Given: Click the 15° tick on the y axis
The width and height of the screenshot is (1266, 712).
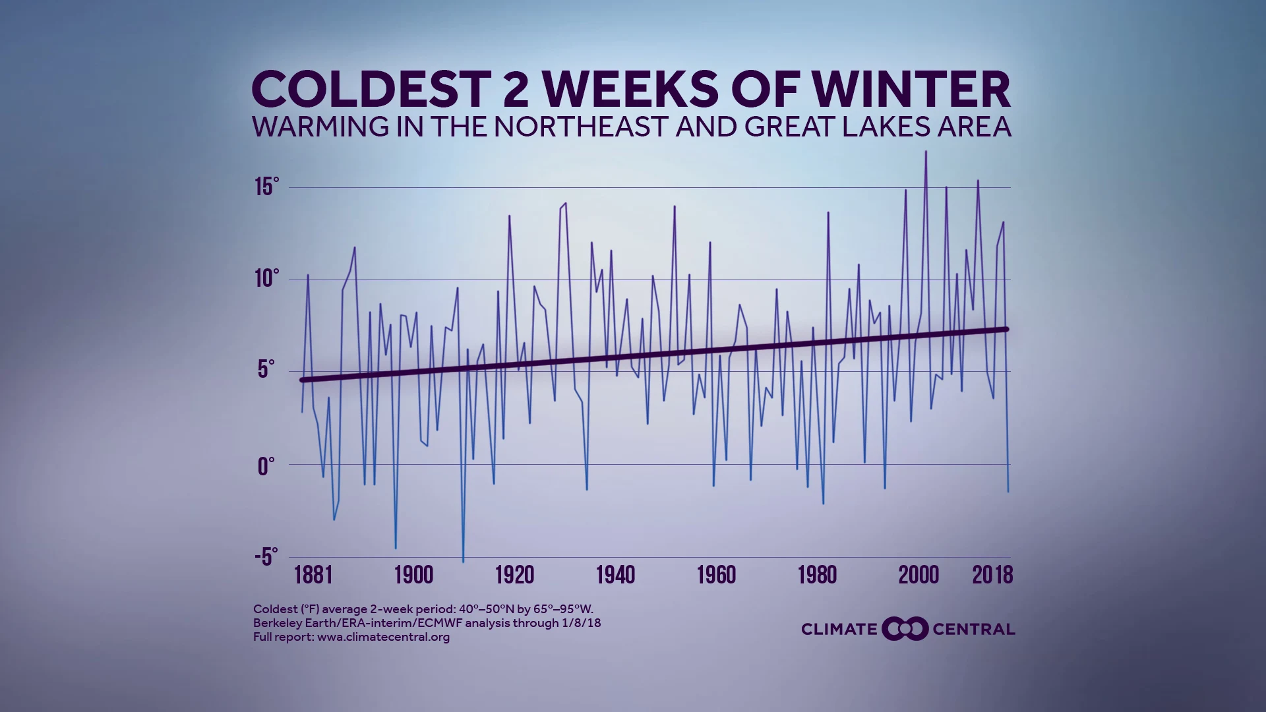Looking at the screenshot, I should pos(266,187).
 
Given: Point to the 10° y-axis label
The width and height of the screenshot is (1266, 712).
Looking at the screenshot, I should pos(266,279).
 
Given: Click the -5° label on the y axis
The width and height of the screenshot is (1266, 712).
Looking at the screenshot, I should pos(266,557).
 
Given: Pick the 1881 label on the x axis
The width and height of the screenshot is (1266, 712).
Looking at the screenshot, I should pos(313,575).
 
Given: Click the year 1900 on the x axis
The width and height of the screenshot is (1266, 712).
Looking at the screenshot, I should pos(414,575).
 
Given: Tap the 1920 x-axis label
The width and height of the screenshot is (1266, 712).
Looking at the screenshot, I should pos(514,575).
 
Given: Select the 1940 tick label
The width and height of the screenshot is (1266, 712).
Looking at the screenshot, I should pos(615,575).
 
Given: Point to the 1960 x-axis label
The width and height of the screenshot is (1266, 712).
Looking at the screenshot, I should pos(716,575).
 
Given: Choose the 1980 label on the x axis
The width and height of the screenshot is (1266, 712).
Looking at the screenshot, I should pos(817,575).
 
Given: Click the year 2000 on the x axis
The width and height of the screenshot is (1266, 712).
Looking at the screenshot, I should pos(918,575).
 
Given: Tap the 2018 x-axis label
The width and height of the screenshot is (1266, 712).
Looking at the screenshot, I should pos(992,575).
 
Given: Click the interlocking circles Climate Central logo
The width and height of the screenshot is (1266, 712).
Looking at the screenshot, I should pos(905,629).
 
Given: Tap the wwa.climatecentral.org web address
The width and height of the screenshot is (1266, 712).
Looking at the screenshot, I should pos(383,637).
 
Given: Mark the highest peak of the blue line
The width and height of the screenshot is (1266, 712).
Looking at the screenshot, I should pos(926,152).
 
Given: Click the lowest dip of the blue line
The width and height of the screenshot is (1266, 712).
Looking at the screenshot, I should pos(463,562).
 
